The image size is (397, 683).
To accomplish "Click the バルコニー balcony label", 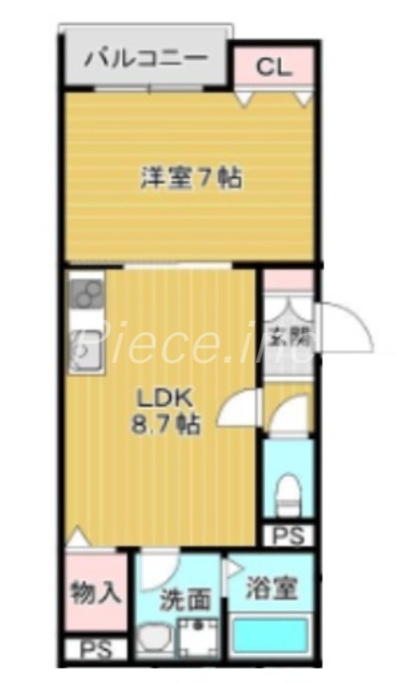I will click(x=145, y=61).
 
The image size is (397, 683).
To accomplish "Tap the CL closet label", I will click(x=274, y=67).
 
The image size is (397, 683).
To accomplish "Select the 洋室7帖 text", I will click(x=190, y=178).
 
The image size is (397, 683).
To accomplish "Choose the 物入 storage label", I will click(x=95, y=592).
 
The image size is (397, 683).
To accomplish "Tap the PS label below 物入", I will click(x=96, y=651).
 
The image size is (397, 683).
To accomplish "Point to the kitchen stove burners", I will click(x=86, y=295).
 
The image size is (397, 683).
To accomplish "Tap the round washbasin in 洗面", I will click(x=156, y=639).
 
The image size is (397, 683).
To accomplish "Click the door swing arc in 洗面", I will click(x=160, y=565).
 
